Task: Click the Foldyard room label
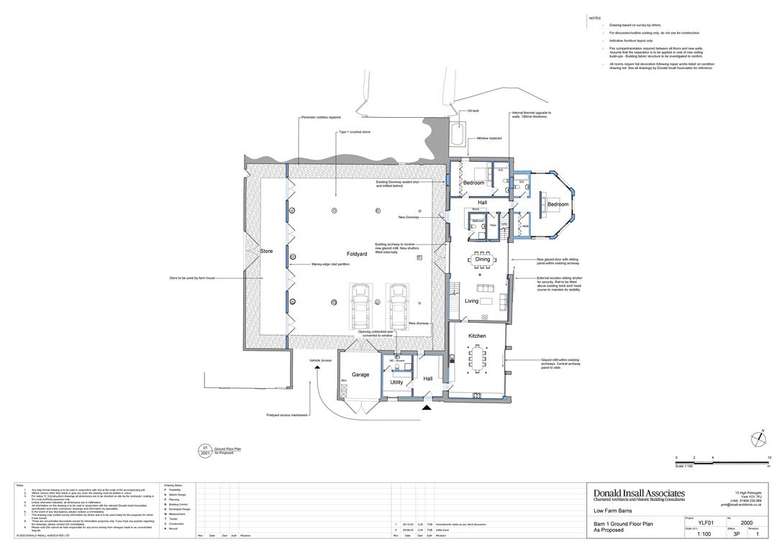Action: pyautogui.click(x=357, y=254)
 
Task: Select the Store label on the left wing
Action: pyautogui.click(x=266, y=252)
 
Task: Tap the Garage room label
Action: pyautogui.click(x=360, y=374)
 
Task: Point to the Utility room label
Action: pyautogui.click(x=396, y=382)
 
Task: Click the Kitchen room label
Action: pyautogui.click(x=477, y=336)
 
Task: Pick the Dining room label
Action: pyautogui.click(x=482, y=259)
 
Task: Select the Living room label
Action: pyautogui.click(x=471, y=301)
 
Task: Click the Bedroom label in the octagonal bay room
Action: pyautogui.click(x=558, y=204)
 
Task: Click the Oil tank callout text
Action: pyautogui.click(x=473, y=111)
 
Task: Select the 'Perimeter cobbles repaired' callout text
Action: pyautogui.click(x=320, y=117)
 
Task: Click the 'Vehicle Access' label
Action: pyautogui.click(x=320, y=360)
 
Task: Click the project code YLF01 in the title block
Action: pyautogui.click(x=706, y=523)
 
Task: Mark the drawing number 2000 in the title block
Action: pyautogui.click(x=747, y=523)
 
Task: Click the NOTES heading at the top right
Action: pyautogui.click(x=594, y=18)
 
